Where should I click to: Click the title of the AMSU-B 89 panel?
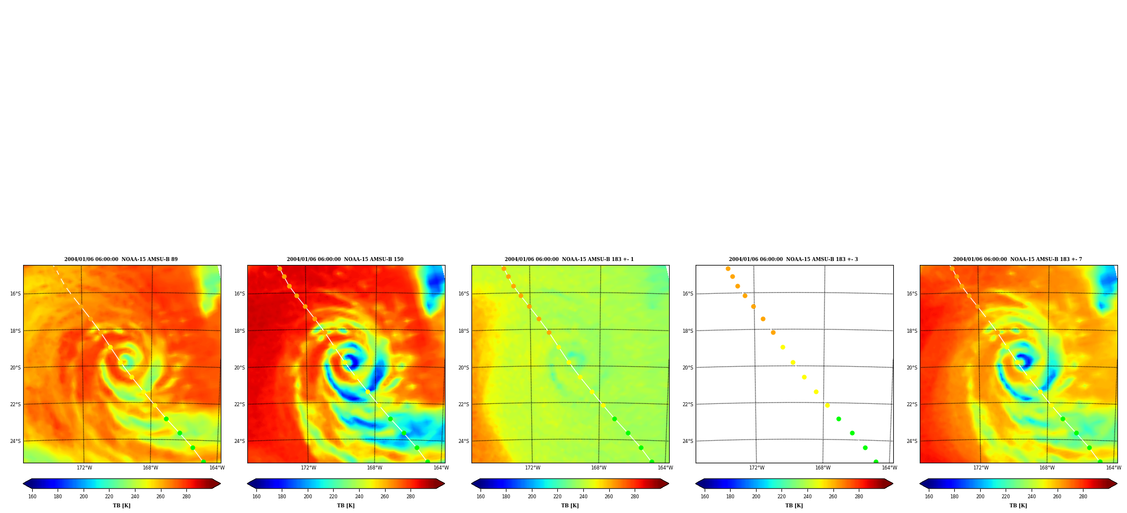121,259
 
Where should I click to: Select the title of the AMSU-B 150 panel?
345,259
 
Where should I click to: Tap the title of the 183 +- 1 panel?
569,259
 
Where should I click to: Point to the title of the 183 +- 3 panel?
793,259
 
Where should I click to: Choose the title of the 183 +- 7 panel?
1017,259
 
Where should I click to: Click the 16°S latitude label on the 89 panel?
15,294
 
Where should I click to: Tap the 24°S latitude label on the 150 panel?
239,441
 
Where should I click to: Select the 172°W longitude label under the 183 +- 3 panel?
757,468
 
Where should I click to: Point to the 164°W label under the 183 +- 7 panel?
1113,468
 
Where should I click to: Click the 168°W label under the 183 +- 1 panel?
599,468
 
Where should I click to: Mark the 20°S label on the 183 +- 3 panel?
688,368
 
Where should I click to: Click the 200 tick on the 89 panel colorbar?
84,497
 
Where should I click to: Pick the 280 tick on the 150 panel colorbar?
410,497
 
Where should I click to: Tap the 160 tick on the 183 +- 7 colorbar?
929,497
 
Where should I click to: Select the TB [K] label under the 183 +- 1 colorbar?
570,506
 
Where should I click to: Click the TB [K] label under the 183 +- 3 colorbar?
794,506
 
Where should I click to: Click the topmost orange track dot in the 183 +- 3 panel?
728,268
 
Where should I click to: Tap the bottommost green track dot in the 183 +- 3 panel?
876,461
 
